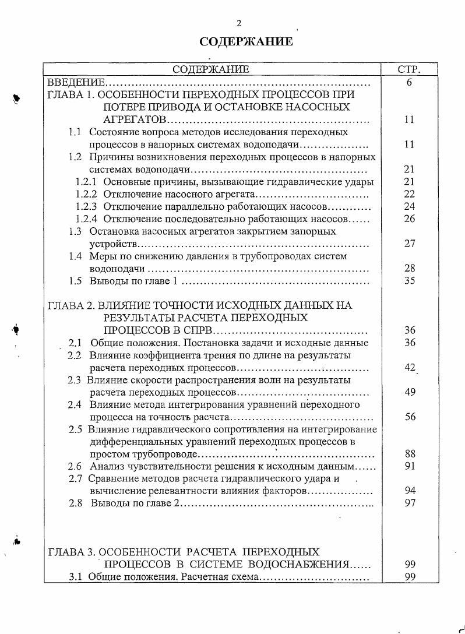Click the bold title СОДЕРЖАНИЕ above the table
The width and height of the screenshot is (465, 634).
coord(246,42)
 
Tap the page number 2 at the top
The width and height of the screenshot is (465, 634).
coord(238,23)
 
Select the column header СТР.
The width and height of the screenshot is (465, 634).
coord(409,70)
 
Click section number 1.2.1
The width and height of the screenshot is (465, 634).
coord(87,182)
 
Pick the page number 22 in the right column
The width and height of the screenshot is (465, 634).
coord(409,194)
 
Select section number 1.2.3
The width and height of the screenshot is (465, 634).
coord(87,206)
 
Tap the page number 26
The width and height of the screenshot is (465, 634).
coord(409,219)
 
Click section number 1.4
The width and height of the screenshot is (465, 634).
coord(75,256)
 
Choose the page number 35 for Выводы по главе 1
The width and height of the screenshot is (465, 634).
coord(409,281)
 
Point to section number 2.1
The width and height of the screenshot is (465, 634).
coord(75,343)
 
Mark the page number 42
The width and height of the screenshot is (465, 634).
coord(409,367)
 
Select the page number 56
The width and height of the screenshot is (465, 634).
coord(409,417)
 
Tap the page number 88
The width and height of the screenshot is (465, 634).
coord(409,453)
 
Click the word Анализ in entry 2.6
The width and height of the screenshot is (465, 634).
coord(106,466)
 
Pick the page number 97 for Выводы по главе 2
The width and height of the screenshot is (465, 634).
coord(409,503)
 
